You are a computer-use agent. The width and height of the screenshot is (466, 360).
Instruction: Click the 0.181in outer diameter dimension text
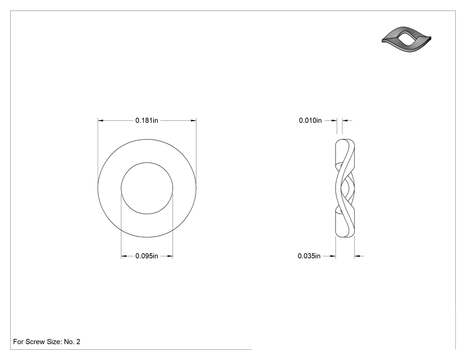[x=146, y=120]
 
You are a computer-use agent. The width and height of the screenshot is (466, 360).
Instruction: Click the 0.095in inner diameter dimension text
[x=146, y=256]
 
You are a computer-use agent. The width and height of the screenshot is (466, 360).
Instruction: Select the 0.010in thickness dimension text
[x=310, y=120]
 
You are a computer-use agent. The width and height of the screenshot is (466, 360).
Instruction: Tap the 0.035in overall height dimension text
[x=309, y=256]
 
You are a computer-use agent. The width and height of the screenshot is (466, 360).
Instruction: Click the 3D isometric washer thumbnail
[x=406, y=39]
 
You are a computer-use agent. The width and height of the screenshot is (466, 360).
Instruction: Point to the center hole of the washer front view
[x=147, y=188]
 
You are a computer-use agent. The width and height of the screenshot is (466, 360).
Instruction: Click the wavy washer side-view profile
[x=345, y=188]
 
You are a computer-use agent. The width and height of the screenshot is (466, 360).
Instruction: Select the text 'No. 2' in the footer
[x=72, y=342]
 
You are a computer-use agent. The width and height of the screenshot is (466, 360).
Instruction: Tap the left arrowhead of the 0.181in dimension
[x=100, y=120]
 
